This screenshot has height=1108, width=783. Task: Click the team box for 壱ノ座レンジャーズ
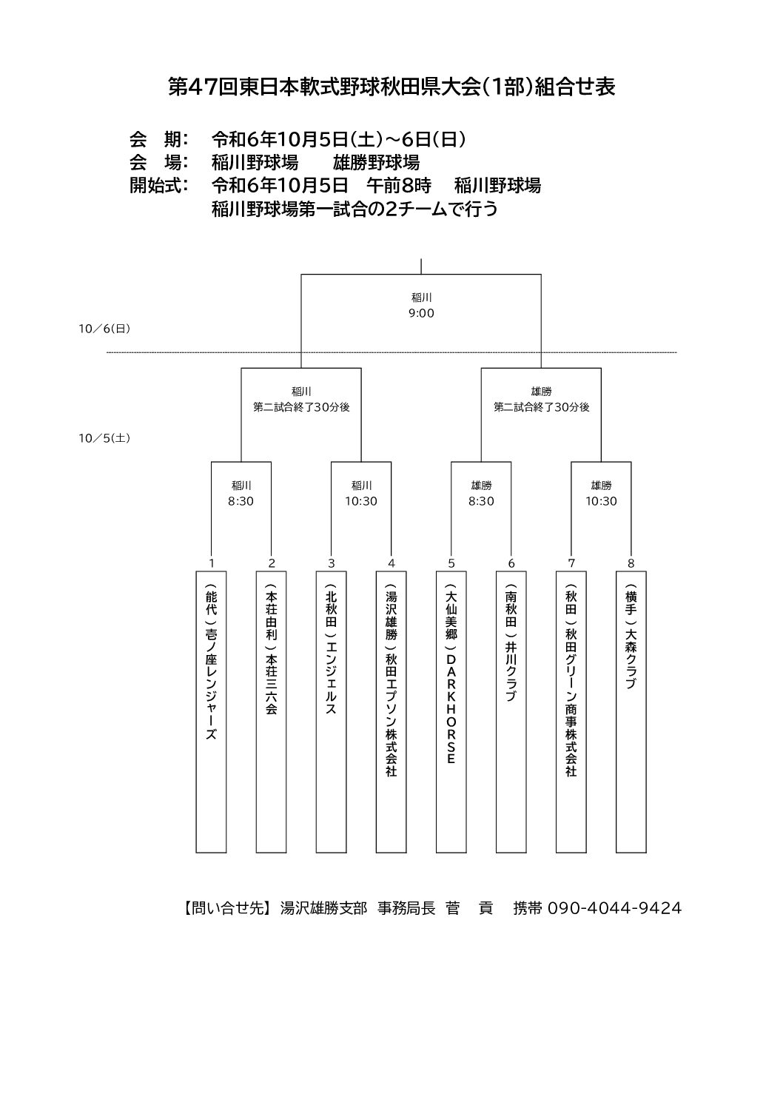(x=211, y=712)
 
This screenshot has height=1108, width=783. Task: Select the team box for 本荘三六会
(x=271, y=712)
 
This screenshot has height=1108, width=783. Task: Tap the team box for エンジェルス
(x=332, y=712)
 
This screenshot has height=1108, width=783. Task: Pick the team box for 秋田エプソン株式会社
(x=391, y=712)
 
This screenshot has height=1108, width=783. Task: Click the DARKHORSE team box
(x=451, y=712)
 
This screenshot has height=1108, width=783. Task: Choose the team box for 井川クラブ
(x=511, y=712)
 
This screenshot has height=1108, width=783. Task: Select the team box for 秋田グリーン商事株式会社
(x=571, y=712)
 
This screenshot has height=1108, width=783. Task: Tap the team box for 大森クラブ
(x=631, y=712)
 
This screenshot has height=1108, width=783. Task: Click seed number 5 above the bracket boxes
(x=451, y=563)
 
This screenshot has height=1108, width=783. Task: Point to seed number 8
(x=631, y=563)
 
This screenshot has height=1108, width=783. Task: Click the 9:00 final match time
(x=421, y=313)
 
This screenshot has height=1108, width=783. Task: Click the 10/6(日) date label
(x=104, y=329)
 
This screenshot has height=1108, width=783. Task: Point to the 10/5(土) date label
(x=104, y=438)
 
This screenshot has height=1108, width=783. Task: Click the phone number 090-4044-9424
(x=615, y=908)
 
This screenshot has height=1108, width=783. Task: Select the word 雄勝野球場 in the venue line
(x=377, y=162)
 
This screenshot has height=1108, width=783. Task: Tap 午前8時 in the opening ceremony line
(x=399, y=186)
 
